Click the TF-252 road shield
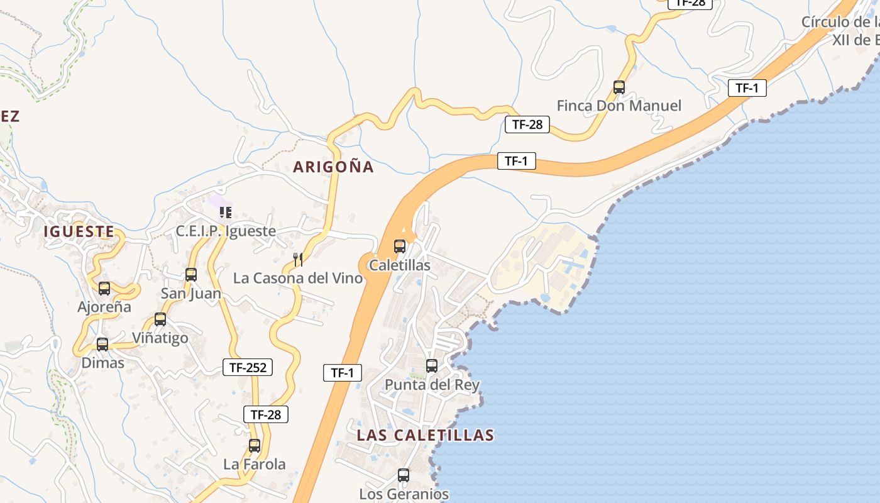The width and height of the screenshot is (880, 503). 248,368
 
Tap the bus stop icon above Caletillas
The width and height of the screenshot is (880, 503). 400,246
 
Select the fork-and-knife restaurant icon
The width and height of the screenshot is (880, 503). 298,260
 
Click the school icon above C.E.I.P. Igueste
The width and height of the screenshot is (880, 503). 226,213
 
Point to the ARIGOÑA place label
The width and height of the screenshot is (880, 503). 333,167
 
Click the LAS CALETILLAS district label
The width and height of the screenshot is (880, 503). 425,435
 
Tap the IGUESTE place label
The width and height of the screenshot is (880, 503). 79,231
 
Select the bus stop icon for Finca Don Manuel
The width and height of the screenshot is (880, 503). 619,87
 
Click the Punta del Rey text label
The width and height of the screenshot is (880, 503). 432,385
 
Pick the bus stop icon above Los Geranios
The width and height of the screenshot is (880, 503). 404,475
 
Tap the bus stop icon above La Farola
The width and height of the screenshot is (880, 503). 255,446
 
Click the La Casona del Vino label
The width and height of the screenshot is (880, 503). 298,278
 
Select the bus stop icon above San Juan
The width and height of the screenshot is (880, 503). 191,275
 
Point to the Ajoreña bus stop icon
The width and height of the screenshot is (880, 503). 104,289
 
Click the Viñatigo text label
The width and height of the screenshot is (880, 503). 160,338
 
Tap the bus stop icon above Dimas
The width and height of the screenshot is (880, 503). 102,345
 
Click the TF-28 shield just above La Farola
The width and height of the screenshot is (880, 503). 265,414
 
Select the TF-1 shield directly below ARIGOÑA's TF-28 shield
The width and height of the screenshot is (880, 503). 516,161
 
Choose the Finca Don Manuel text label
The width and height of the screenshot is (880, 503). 619,106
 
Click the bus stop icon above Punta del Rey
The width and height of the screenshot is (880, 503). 432,366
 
